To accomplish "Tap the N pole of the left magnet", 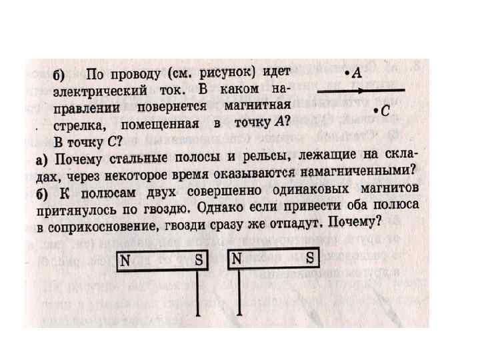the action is (125, 261).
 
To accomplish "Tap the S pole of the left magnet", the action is (198, 261).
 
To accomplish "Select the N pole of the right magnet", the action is (236, 260).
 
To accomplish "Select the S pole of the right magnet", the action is (309, 259).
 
